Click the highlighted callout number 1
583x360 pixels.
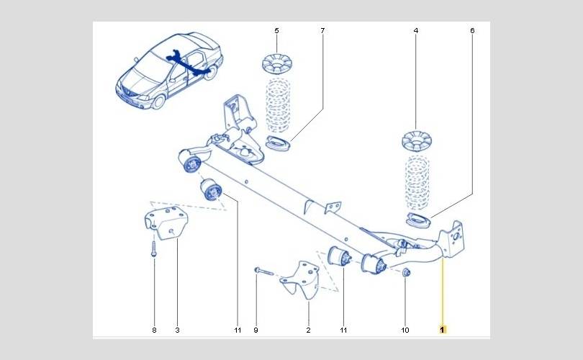pyautogui.click(x=443, y=330)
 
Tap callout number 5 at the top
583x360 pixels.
pyautogui.click(x=276, y=30)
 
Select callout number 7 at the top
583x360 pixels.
pyautogui.click(x=322, y=30)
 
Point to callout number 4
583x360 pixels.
pyautogui.click(x=416, y=30)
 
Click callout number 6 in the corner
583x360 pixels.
pyautogui.click(x=472, y=30)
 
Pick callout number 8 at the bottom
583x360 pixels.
pyautogui.click(x=154, y=330)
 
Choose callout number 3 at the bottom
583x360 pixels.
pyautogui.click(x=177, y=330)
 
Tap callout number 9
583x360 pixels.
pyautogui.click(x=256, y=330)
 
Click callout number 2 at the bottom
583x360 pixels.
pyautogui.click(x=308, y=330)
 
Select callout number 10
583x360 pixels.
pyautogui.click(x=405, y=330)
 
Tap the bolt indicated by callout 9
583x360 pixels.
pyautogui.click(x=263, y=271)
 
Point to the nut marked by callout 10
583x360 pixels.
pyautogui.click(x=407, y=273)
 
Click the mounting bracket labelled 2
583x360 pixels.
pyautogui.click(x=300, y=279)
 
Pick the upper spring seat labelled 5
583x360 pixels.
pyautogui.click(x=277, y=64)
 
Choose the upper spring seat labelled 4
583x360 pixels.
pyautogui.click(x=417, y=141)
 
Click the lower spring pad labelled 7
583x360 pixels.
pyautogui.click(x=279, y=143)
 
